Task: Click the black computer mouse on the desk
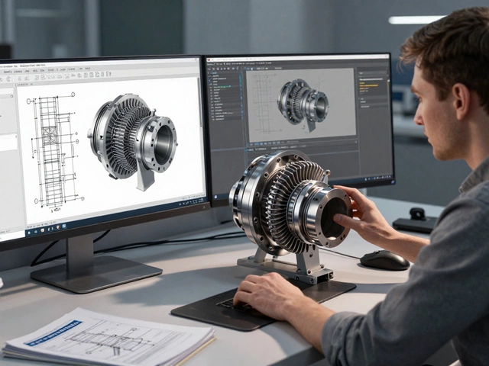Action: [x=384, y=260]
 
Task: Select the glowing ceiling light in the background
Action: [x=416, y=20]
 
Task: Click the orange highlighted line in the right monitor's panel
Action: [x=368, y=85]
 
